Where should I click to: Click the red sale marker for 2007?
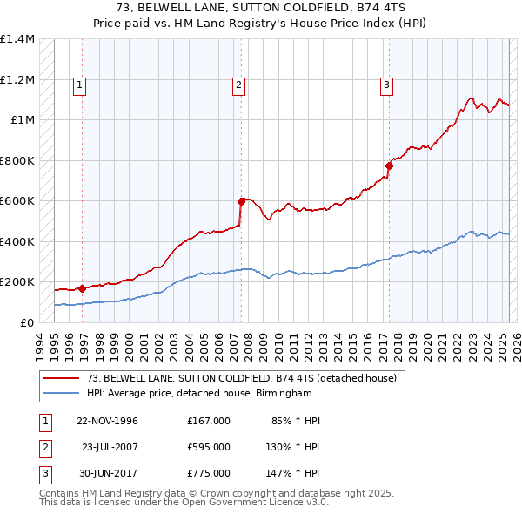click(x=241, y=201)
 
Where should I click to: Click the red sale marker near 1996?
click(x=81, y=288)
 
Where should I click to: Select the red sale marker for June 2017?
click(x=389, y=165)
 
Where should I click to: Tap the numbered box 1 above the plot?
click(x=79, y=85)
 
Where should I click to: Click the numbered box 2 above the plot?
click(x=238, y=85)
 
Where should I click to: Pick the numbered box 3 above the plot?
click(x=385, y=85)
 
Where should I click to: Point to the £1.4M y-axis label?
click(x=18, y=39)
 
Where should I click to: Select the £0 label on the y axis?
click(x=26, y=322)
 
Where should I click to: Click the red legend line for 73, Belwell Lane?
click(x=61, y=378)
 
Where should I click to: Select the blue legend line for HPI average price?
click(x=61, y=394)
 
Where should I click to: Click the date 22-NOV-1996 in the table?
click(x=107, y=421)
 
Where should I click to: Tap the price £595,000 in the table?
click(x=209, y=447)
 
